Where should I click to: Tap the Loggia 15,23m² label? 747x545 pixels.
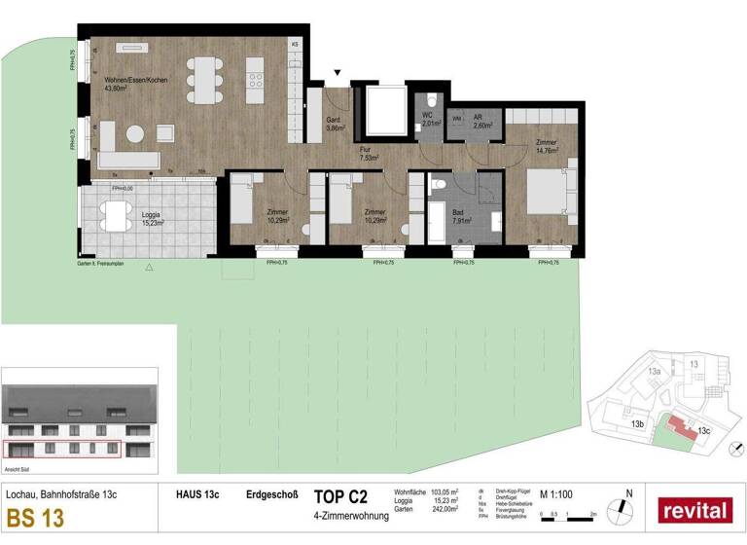click(150, 218)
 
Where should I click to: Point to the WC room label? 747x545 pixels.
click(426, 120)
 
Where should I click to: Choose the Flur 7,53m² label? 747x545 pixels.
click(367, 153)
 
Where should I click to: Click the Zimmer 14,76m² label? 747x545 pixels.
click(546, 147)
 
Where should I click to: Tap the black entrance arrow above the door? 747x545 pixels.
click(338, 72)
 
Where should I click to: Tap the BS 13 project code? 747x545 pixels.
click(35, 517)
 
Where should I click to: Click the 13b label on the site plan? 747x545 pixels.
click(638, 424)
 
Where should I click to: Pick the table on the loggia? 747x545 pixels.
click(115, 215)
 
